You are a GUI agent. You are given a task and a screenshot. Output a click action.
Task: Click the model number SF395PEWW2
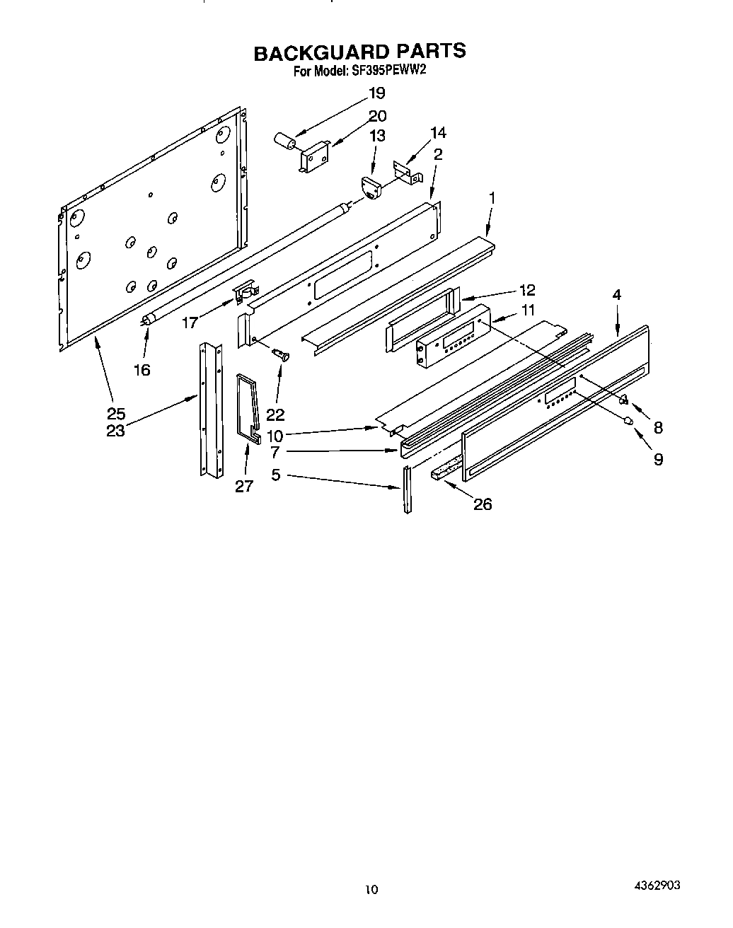pos(388,71)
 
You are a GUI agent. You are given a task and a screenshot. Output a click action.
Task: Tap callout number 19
pos(376,93)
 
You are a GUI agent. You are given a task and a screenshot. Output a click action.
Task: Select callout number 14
pos(438,132)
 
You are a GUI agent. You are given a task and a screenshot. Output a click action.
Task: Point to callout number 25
pos(115,414)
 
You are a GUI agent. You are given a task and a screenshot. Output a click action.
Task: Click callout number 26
pos(482,504)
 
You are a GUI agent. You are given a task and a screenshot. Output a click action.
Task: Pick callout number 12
pos(526,290)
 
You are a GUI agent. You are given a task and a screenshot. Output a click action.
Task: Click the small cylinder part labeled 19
pos(285,139)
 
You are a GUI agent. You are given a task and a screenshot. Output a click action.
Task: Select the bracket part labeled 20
pos(313,156)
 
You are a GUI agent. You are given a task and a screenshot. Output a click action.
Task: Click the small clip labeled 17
pos(245,290)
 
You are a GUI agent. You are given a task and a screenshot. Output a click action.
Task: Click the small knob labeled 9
pos(627,422)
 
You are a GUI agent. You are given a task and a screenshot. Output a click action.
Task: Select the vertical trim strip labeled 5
pos(407,489)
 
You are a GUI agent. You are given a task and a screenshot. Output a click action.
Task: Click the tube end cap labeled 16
pos(147,320)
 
